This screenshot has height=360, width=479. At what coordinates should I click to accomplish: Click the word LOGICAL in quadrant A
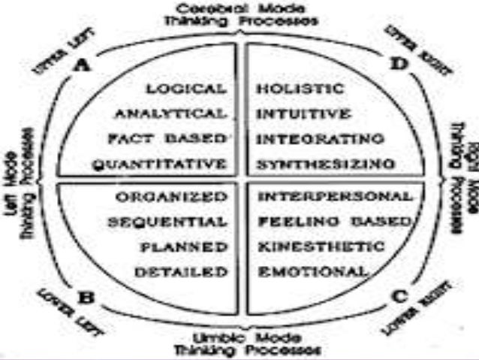(x=186, y=89)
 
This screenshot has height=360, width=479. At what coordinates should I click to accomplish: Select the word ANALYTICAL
(x=170, y=113)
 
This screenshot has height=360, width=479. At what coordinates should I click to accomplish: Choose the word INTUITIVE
(x=303, y=114)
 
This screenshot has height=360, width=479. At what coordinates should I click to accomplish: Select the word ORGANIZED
(x=172, y=197)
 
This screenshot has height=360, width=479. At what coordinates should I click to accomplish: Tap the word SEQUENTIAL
(x=167, y=222)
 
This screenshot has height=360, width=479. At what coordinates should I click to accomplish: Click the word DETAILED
(x=182, y=271)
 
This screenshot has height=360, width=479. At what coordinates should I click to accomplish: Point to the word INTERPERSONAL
(x=334, y=197)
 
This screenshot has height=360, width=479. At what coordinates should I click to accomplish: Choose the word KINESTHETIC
(x=321, y=247)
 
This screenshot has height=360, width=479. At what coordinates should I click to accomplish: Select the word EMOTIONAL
(x=313, y=271)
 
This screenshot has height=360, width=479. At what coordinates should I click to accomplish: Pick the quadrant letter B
(x=86, y=296)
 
